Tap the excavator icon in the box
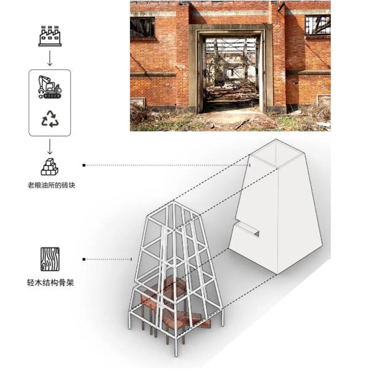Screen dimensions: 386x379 (50, 87)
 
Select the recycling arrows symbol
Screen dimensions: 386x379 (50, 119)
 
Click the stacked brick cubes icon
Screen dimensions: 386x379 (50, 167)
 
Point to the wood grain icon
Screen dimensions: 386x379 (50, 259)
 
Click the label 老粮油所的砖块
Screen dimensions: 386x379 (51, 185)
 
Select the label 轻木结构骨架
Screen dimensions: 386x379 (50, 282)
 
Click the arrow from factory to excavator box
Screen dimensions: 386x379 (50, 58)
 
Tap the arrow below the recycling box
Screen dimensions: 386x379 (50, 147)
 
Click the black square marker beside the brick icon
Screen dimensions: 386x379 (84, 165)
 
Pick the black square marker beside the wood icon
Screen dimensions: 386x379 (84, 259)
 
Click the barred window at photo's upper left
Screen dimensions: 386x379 (143, 27)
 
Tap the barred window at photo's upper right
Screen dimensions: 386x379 (318, 25)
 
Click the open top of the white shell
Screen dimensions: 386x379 (277, 153)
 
